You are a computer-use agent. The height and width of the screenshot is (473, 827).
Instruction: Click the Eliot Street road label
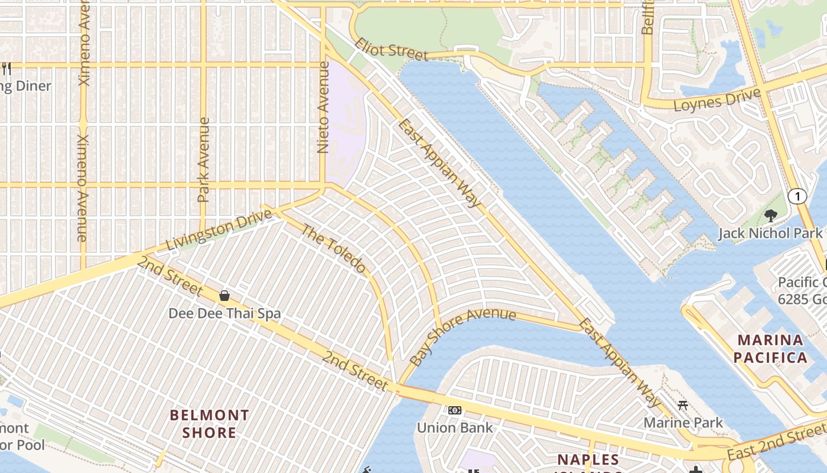click(x=391, y=50)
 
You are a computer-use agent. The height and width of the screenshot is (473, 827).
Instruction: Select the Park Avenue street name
click(x=204, y=160)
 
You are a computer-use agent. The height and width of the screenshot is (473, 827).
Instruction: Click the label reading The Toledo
click(x=334, y=248)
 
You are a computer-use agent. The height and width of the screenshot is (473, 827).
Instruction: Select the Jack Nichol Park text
click(x=770, y=233)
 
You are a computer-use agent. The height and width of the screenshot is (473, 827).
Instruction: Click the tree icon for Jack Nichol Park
click(x=770, y=215)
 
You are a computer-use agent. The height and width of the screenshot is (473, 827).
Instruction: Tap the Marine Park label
click(x=683, y=422)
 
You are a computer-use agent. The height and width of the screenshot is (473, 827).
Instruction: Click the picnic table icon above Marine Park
click(x=683, y=406)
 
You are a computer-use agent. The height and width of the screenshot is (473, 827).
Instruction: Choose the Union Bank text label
click(x=454, y=427)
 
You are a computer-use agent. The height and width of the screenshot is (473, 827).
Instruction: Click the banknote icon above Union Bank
click(x=454, y=410)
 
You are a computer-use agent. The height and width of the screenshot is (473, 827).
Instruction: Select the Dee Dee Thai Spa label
click(x=224, y=313)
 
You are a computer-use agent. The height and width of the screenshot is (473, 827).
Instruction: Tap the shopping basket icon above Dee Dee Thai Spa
click(x=224, y=296)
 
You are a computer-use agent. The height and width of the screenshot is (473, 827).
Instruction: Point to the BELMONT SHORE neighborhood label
click(x=209, y=423)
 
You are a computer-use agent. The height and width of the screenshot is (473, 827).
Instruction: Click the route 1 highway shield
click(x=797, y=196)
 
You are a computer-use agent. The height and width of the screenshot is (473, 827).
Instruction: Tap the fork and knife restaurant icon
click(x=6, y=69)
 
